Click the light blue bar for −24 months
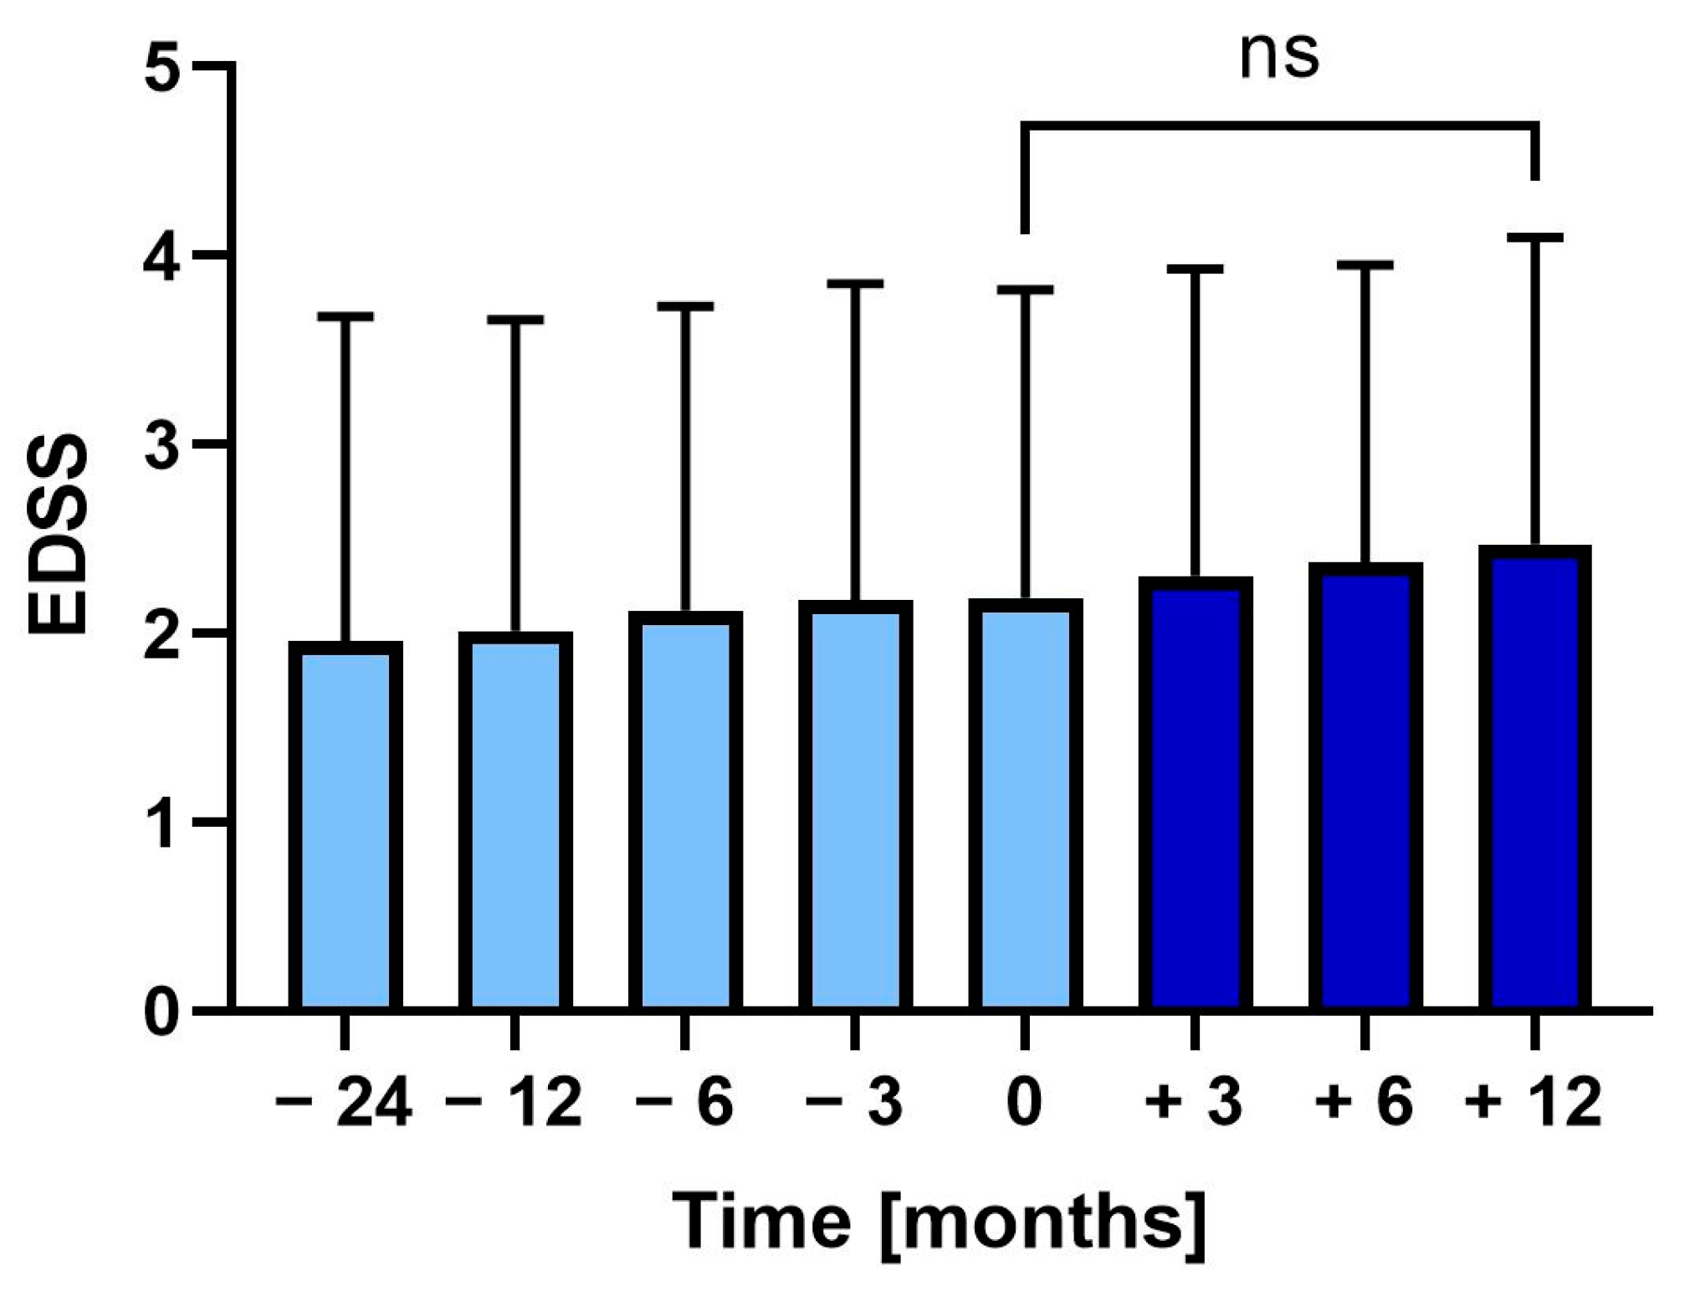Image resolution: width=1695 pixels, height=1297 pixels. tap(346, 828)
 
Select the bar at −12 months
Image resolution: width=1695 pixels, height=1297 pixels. tap(515, 824)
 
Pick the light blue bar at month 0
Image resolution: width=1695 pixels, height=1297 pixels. tap(1025, 807)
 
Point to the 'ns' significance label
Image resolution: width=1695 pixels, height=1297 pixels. tap(1278, 57)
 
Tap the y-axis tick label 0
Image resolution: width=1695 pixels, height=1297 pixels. tap(162, 1012)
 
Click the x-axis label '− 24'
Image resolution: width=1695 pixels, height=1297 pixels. tap(343, 1103)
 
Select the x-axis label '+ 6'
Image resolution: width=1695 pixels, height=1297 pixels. tap(1364, 1103)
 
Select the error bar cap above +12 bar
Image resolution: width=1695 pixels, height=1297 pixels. tap(1534, 238)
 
